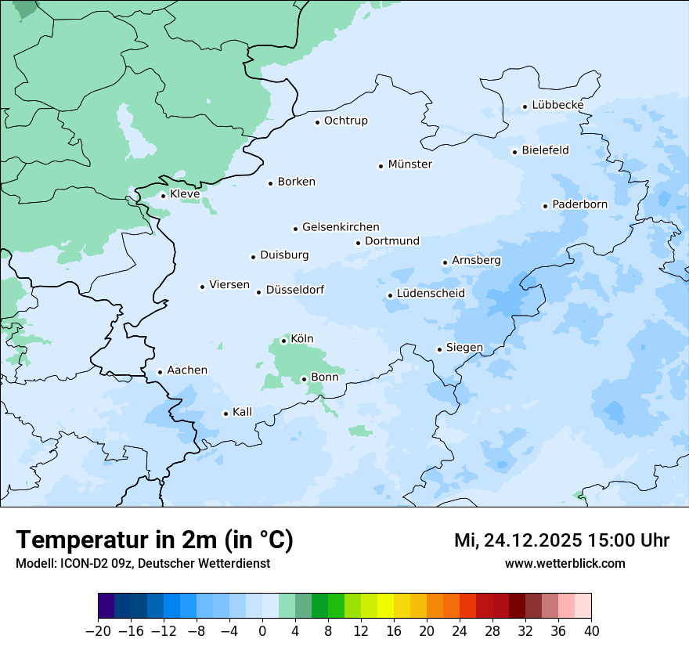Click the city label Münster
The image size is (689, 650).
coord(409,164)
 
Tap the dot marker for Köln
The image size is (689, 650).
coord(283,341)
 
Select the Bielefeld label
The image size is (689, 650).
coord(545,150)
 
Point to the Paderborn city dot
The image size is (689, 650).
coord(545,206)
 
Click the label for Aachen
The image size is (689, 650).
coord(187,370)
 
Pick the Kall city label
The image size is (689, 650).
coord(243,412)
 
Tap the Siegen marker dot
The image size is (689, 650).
coord(439,349)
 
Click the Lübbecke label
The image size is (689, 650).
coord(557,105)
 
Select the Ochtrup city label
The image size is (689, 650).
coord(345,121)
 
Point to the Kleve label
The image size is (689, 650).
coord(185,194)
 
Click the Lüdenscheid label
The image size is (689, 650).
coord(431,294)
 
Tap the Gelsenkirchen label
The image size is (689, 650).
coord(341,227)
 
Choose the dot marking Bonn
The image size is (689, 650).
coord(304,379)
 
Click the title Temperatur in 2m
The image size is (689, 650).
coord(154,540)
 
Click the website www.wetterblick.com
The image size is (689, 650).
coord(565,563)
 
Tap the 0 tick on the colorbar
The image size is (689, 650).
coord(262,631)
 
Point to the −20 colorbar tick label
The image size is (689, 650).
coord(99,631)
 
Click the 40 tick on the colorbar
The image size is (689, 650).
coord(591,631)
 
